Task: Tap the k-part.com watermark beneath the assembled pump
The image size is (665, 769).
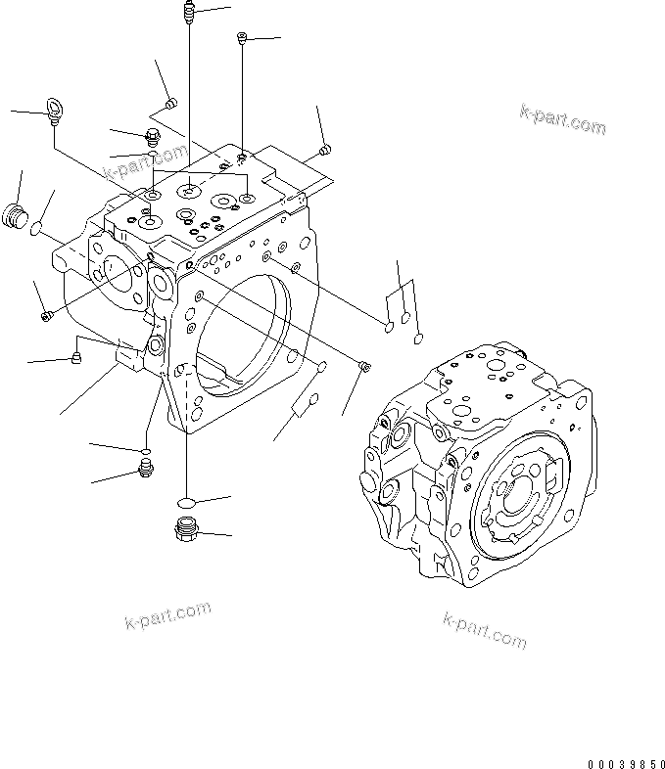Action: coord(485,630)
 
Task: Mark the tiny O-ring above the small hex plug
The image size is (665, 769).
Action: coord(144,451)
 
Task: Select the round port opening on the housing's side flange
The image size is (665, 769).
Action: coord(115,279)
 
